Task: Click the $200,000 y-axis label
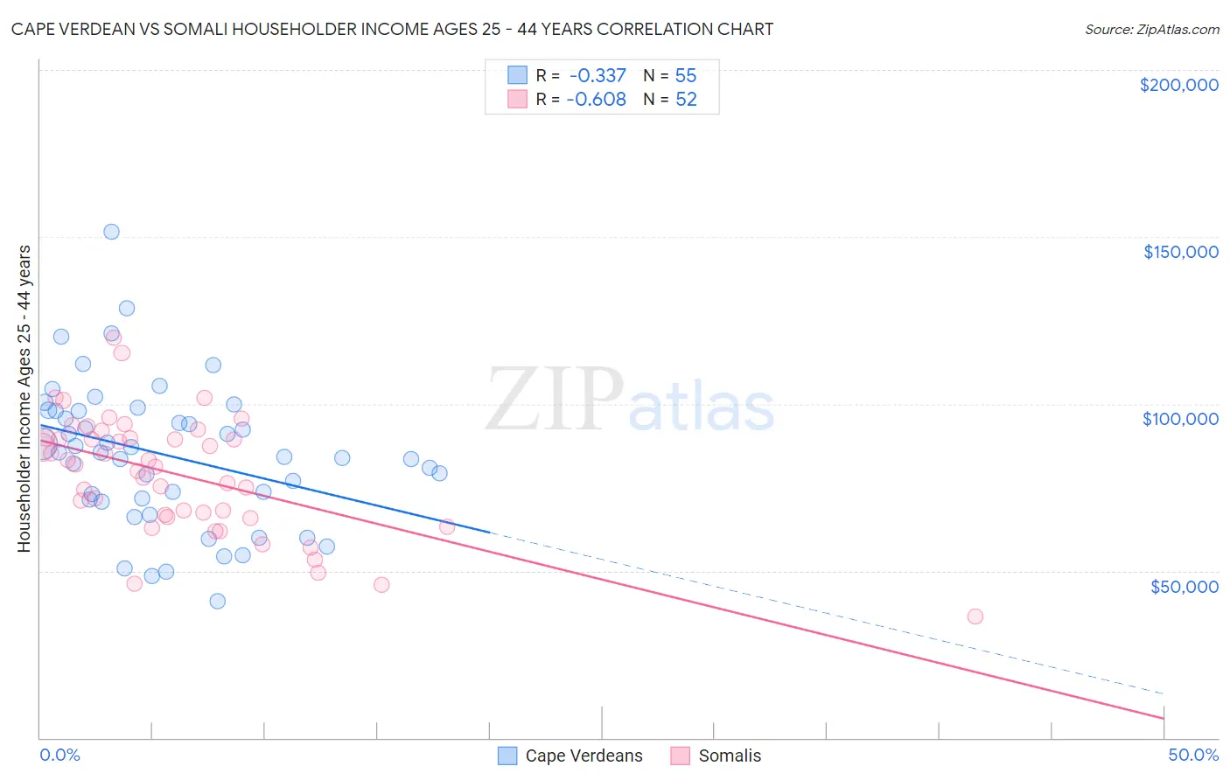tap(1178, 85)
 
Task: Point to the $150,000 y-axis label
tap(1180, 252)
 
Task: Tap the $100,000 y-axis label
tap(1180, 419)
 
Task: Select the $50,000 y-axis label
tap(1184, 586)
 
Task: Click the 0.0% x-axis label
tap(59, 756)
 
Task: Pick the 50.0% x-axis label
tap(1193, 756)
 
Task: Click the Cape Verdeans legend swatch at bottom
tap(507, 756)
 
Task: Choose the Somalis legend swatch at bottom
tap(681, 756)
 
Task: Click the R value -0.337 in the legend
tap(598, 76)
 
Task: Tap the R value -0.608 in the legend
tap(597, 100)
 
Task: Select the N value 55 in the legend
tap(686, 76)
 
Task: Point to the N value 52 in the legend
tap(686, 100)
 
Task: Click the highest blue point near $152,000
tap(111, 232)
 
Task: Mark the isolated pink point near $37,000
tap(975, 616)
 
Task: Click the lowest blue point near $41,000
tap(218, 601)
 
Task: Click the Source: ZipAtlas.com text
tap(1151, 30)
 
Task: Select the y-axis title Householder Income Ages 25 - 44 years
tap(24, 399)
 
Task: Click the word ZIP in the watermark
tap(554, 400)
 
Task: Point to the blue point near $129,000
tap(127, 309)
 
